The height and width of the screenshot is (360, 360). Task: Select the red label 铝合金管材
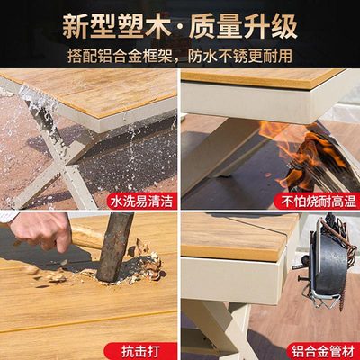320,346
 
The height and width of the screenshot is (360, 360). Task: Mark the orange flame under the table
288,144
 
